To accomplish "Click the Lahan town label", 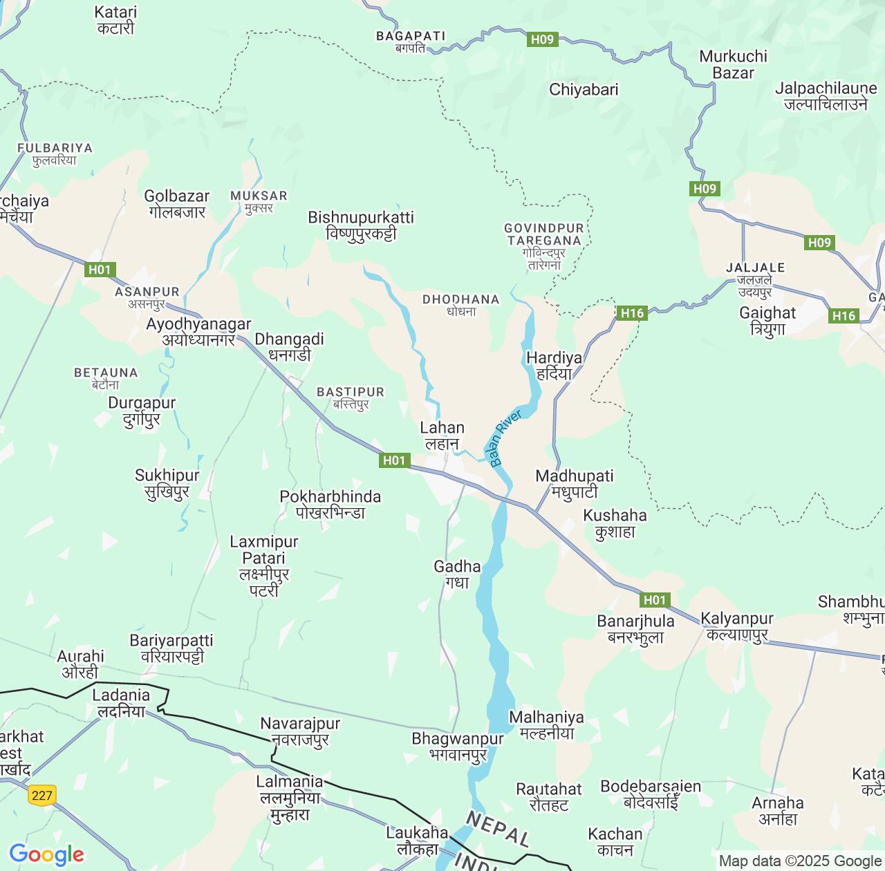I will [x=442, y=435].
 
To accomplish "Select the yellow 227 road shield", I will [x=42, y=795].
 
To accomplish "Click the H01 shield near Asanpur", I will [x=100, y=270].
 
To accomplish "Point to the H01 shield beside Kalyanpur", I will [x=654, y=600].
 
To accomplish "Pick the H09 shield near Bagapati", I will [x=542, y=39].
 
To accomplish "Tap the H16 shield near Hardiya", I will [x=632, y=313].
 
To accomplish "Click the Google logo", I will [x=46, y=854].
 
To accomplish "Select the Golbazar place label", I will [x=176, y=204].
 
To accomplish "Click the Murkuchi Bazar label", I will [x=733, y=64].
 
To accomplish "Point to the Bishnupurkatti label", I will [x=361, y=225].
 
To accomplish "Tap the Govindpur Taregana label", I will [x=544, y=245].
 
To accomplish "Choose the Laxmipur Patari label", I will [x=264, y=565].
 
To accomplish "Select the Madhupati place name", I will [x=575, y=484].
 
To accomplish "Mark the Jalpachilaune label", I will [x=826, y=96].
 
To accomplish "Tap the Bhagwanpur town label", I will [x=458, y=747].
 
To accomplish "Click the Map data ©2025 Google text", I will [x=799, y=861].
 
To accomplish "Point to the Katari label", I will [x=115, y=20].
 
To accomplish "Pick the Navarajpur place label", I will [x=300, y=731].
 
